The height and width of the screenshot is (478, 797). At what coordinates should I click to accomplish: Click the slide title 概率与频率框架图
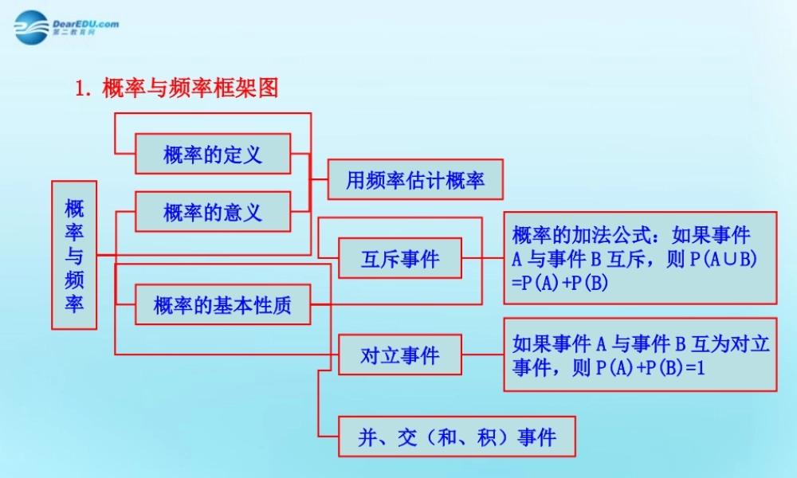[190, 88]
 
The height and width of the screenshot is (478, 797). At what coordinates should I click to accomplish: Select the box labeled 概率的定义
[213, 154]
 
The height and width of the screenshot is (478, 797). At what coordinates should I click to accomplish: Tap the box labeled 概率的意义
[213, 212]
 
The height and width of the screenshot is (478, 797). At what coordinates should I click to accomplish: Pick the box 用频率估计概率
[415, 180]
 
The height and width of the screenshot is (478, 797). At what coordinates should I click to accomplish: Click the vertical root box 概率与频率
[74, 255]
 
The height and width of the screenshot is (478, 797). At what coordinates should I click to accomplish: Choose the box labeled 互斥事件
[399, 258]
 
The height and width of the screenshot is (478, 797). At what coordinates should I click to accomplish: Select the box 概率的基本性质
[222, 304]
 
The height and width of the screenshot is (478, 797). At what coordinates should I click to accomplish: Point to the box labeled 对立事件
[399, 355]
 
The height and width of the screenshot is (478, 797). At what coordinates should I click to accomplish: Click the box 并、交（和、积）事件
[457, 437]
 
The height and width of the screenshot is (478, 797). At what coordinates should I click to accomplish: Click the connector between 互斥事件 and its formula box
[482, 258]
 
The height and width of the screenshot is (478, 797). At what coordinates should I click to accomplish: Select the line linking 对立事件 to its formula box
[482, 355]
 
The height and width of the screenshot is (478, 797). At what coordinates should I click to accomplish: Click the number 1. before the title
[82, 88]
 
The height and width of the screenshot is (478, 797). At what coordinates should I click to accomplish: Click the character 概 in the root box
[74, 209]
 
